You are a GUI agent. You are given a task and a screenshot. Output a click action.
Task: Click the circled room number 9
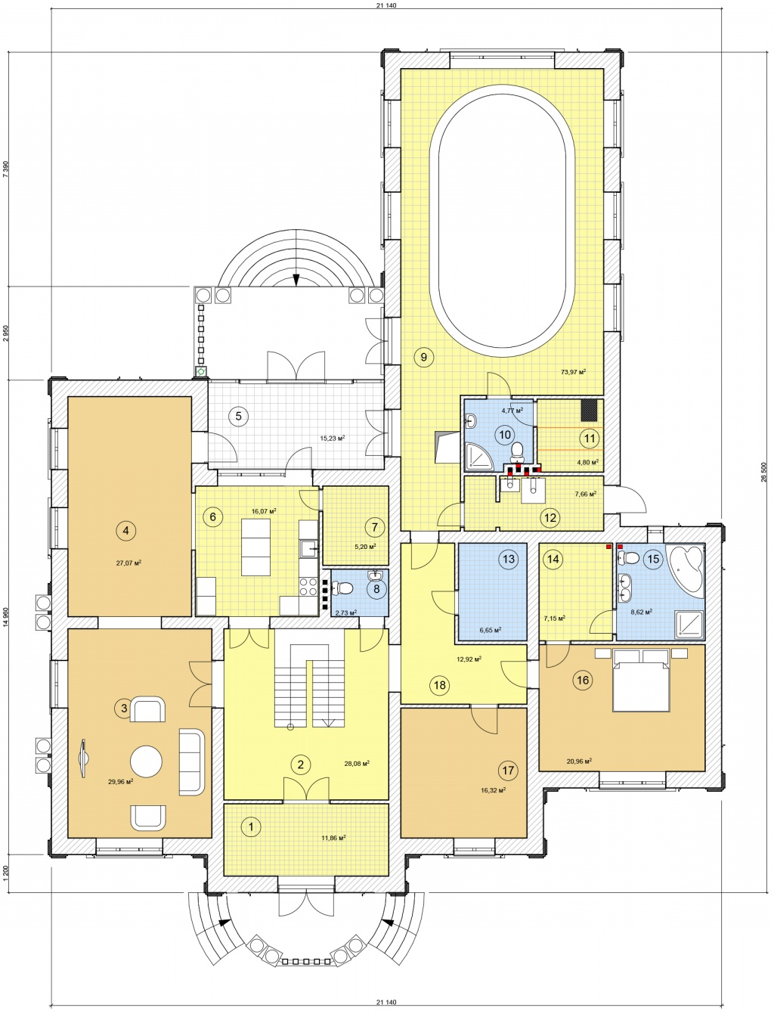click(x=424, y=357)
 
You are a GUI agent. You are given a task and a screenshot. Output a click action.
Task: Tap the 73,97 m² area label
click(x=573, y=371)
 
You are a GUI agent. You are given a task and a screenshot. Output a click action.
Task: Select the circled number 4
click(x=125, y=531)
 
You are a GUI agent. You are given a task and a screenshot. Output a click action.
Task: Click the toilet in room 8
click(x=342, y=588)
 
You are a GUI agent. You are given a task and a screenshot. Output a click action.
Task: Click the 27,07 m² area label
click(x=128, y=563)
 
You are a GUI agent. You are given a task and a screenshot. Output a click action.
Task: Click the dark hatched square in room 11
click(x=589, y=411)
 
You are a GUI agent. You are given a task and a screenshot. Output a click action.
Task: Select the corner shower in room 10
click(x=478, y=455)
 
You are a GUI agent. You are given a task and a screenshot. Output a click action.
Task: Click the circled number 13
click(x=508, y=559)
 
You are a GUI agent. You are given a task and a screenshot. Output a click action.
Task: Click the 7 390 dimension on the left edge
click(x=5, y=169)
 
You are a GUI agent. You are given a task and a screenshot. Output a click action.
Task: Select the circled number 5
click(x=238, y=416)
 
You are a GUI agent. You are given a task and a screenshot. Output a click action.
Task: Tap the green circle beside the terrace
click(x=201, y=371)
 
